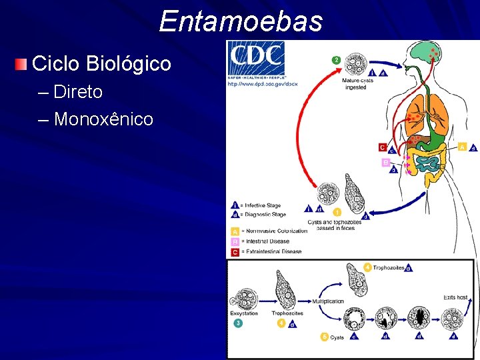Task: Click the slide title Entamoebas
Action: click(x=241, y=21)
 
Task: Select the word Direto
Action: click(x=78, y=92)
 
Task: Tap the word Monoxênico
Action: click(x=103, y=119)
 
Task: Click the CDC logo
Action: click(x=256, y=60)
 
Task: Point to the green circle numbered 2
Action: click(x=337, y=60)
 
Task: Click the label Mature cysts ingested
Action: click(x=356, y=83)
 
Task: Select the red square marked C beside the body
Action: click(x=382, y=147)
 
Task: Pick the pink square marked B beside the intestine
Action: click(x=385, y=162)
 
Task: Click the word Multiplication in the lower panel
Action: click(x=327, y=301)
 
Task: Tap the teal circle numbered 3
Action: click(x=238, y=323)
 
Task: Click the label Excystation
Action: click(x=244, y=313)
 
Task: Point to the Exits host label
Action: click(x=455, y=297)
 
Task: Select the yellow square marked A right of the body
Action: click(x=462, y=147)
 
